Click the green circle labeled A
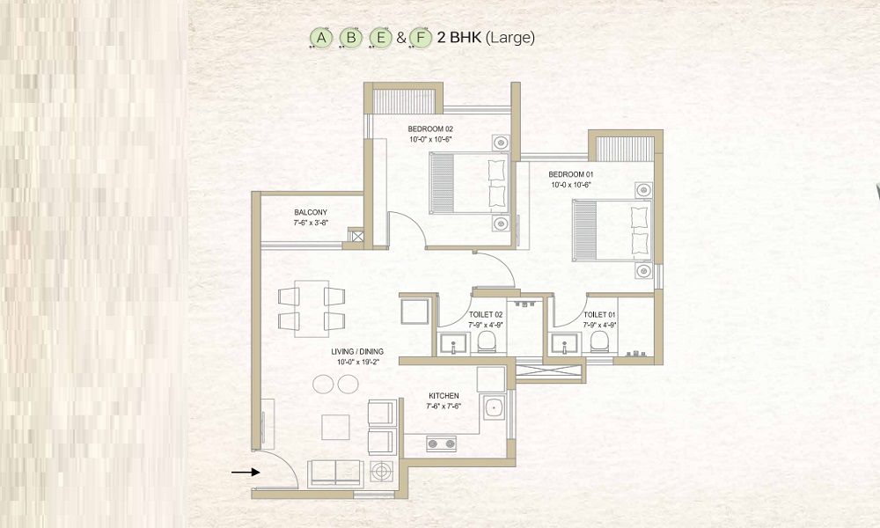321,38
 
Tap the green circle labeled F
421,38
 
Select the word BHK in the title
459,38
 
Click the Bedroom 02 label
430,129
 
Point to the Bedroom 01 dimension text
571,185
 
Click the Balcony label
311,213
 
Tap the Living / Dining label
357,352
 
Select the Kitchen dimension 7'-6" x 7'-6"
444,406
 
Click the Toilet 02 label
486,315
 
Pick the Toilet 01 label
599,315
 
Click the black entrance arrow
246,473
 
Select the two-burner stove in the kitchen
441,444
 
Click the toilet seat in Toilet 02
487,341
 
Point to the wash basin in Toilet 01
565,343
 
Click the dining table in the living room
312,309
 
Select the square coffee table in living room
335,427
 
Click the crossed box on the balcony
356,235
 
